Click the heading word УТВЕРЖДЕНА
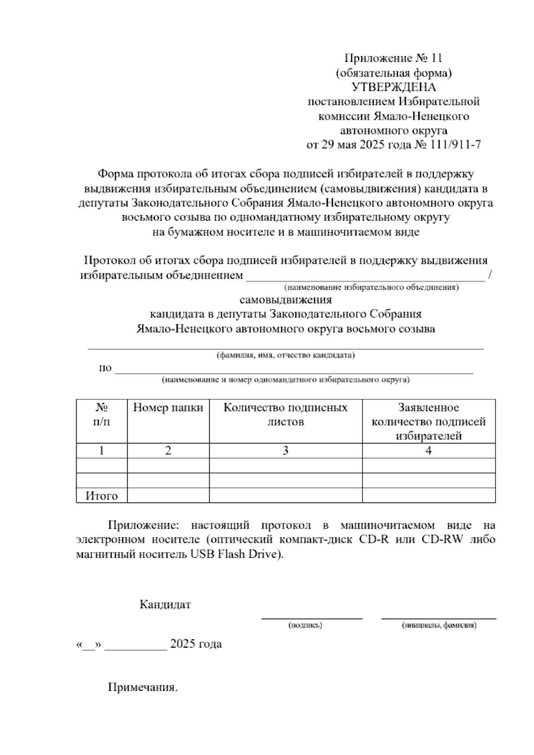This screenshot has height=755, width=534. click(394, 87)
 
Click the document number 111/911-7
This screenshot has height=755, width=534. click(455, 145)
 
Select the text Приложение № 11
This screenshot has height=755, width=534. click(393, 58)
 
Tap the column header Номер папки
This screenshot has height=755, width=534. click(168, 407)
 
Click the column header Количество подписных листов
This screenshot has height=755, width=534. click(285, 414)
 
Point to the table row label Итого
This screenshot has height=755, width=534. click(101, 496)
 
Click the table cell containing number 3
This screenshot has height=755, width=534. click(285, 451)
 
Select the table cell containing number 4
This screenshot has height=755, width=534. click(428, 451)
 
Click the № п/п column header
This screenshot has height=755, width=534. click(101, 414)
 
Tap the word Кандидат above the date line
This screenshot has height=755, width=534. click(165, 605)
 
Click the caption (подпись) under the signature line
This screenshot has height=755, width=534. click(305, 625)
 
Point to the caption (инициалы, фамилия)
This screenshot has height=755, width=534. click(439, 625)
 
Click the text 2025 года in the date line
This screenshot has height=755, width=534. click(196, 644)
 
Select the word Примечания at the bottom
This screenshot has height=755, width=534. click(142, 687)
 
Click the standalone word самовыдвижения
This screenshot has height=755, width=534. click(285, 300)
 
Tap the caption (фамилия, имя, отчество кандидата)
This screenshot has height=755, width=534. click(285, 355)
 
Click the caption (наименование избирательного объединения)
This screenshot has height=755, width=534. click(372, 288)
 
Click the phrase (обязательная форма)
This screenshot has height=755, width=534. click(394, 73)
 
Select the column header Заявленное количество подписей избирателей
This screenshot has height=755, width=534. click(428, 422)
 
